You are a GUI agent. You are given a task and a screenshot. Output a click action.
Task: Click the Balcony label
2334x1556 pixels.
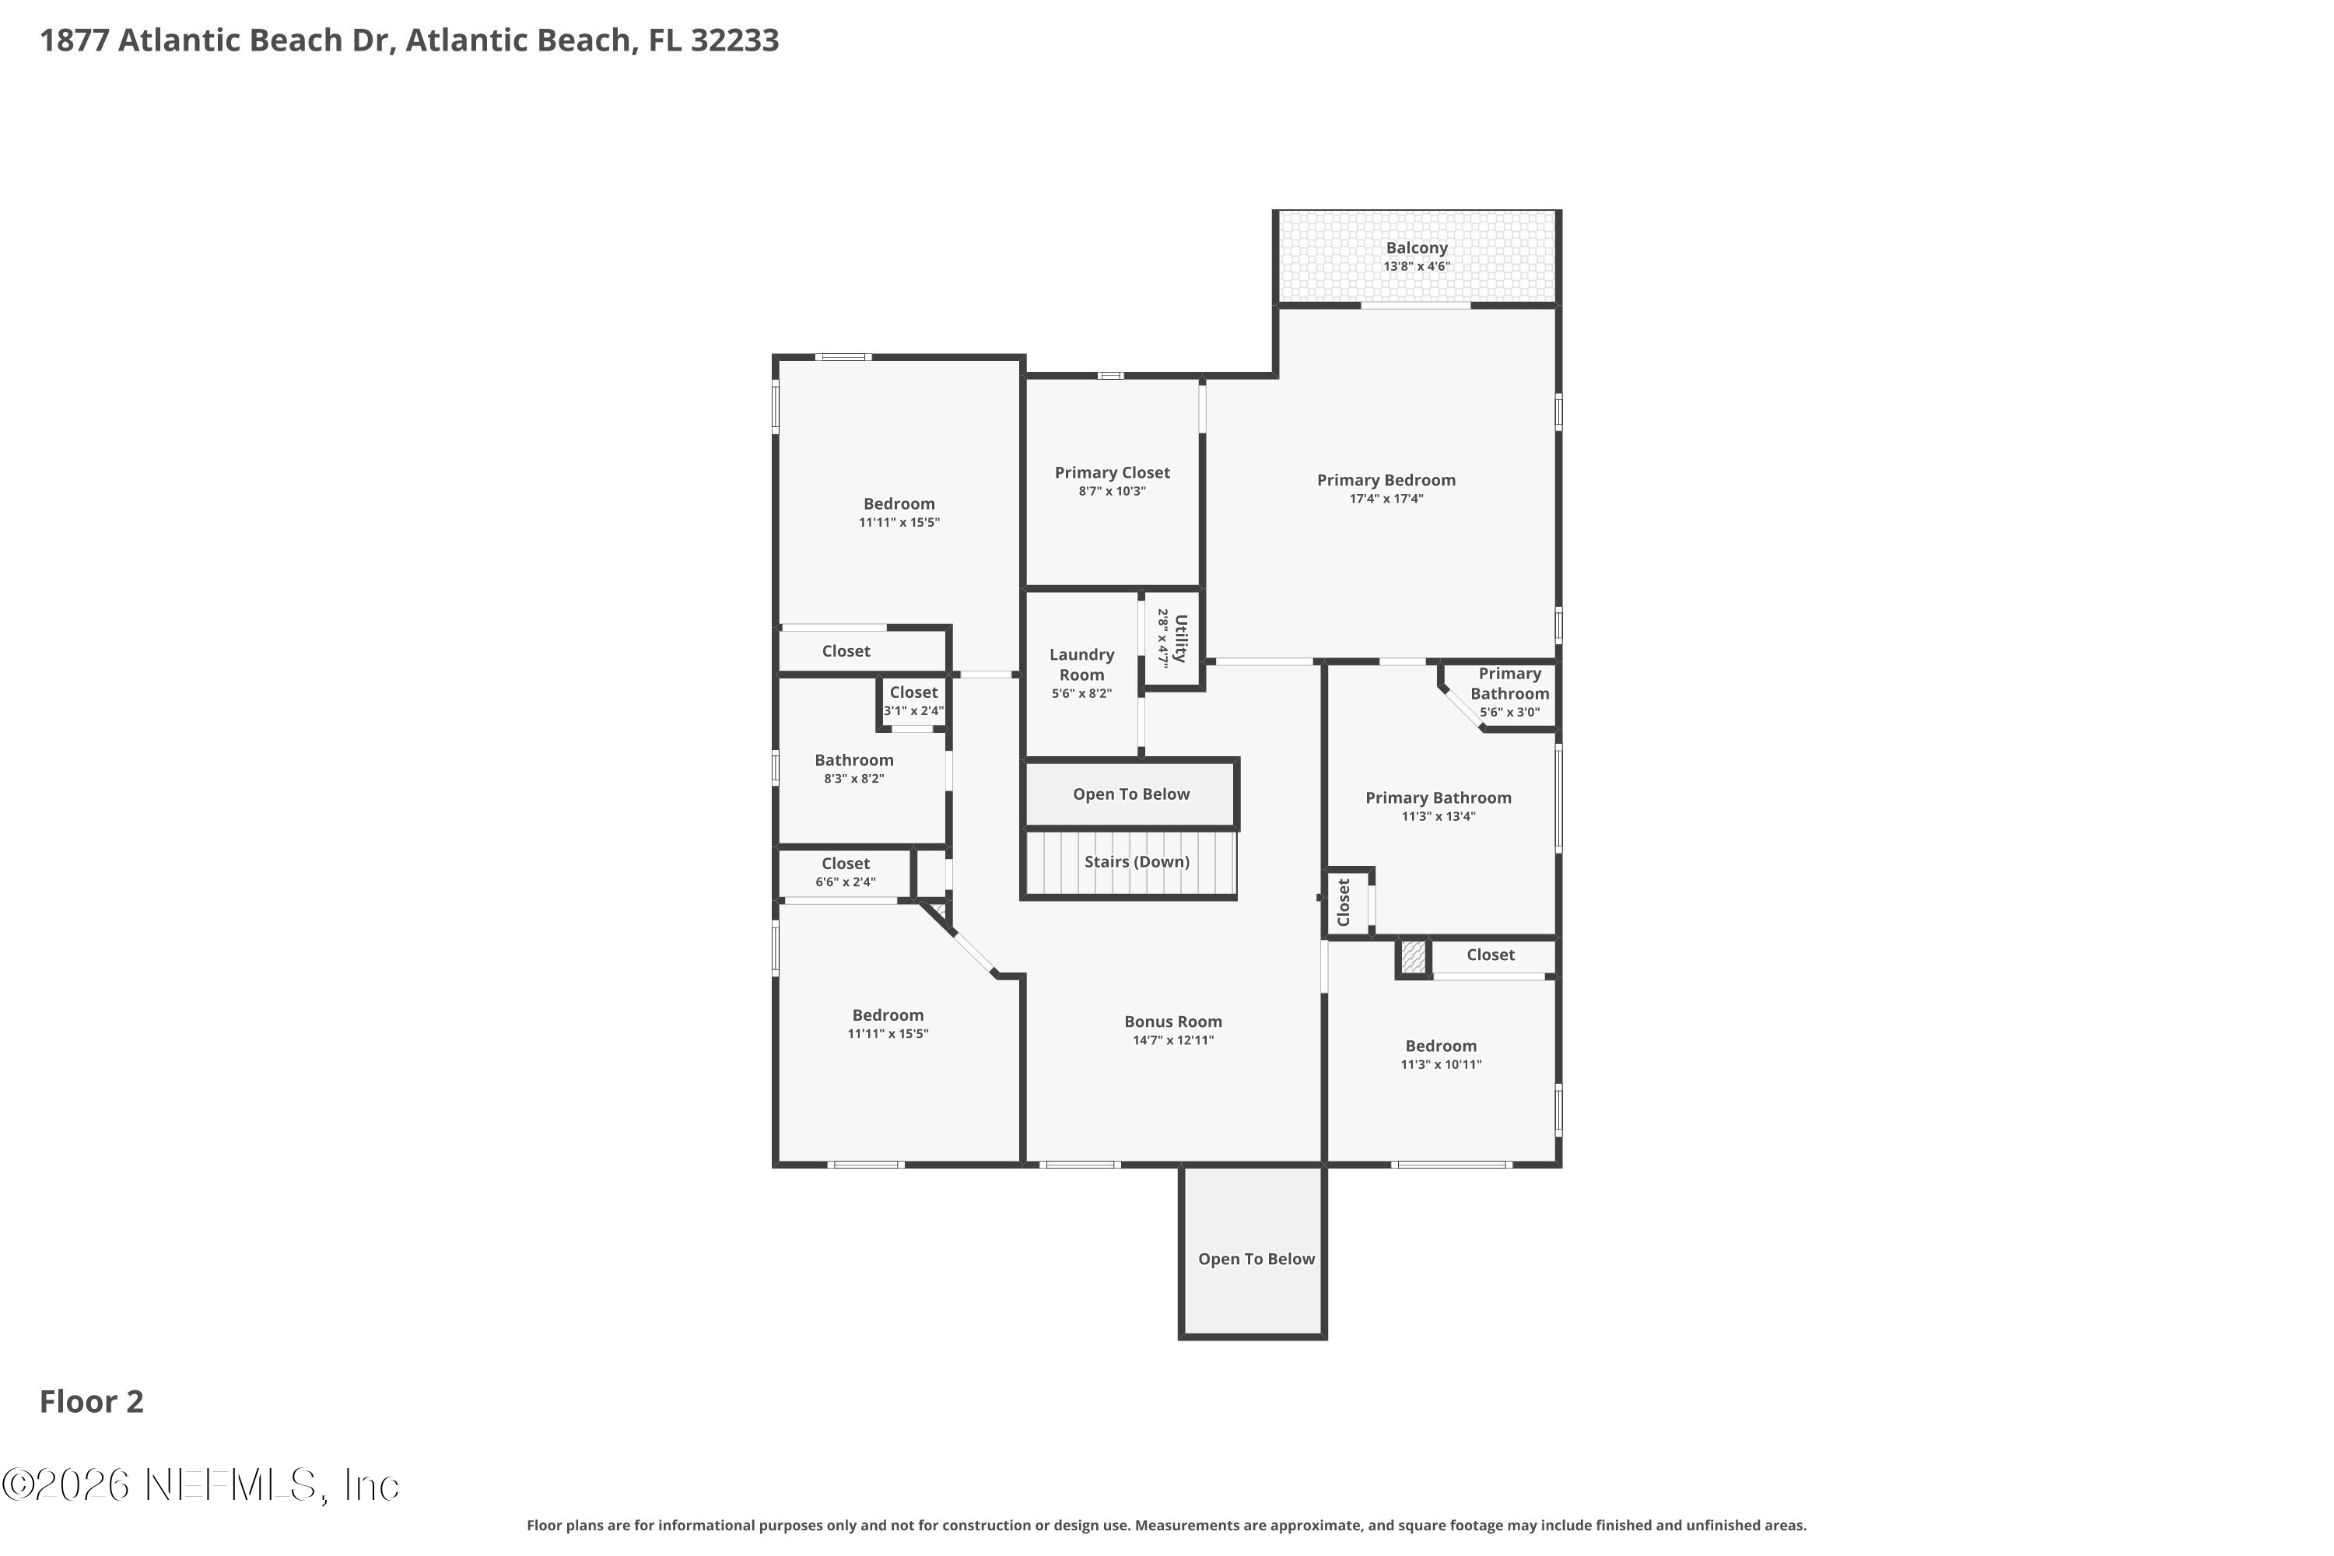(x=1416, y=248)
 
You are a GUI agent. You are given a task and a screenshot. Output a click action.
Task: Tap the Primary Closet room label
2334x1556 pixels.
(x=1112, y=473)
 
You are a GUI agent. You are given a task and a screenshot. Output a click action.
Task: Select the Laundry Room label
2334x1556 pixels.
(x=1081, y=665)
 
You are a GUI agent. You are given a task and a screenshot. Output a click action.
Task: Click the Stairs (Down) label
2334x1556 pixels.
(x=1136, y=861)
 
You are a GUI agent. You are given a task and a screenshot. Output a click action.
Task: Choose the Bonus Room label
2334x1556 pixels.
(x=1173, y=1021)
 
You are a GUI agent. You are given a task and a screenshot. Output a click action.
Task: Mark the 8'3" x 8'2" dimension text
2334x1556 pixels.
(x=853, y=779)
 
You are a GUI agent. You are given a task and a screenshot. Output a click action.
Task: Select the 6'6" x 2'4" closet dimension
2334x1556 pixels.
(x=846, y=882)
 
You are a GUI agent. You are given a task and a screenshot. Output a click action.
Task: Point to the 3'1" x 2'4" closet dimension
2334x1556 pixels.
(x=913, y=710)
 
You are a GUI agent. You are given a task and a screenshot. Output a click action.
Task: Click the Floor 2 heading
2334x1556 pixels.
(x=91, y=1401)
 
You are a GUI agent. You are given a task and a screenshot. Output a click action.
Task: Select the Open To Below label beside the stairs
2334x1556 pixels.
(x=1130, y=794)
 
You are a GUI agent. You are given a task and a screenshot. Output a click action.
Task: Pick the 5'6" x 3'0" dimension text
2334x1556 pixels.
(x=1509, y=713)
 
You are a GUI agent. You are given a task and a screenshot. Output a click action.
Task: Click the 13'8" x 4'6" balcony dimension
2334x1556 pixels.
(x=1416, y=267)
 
